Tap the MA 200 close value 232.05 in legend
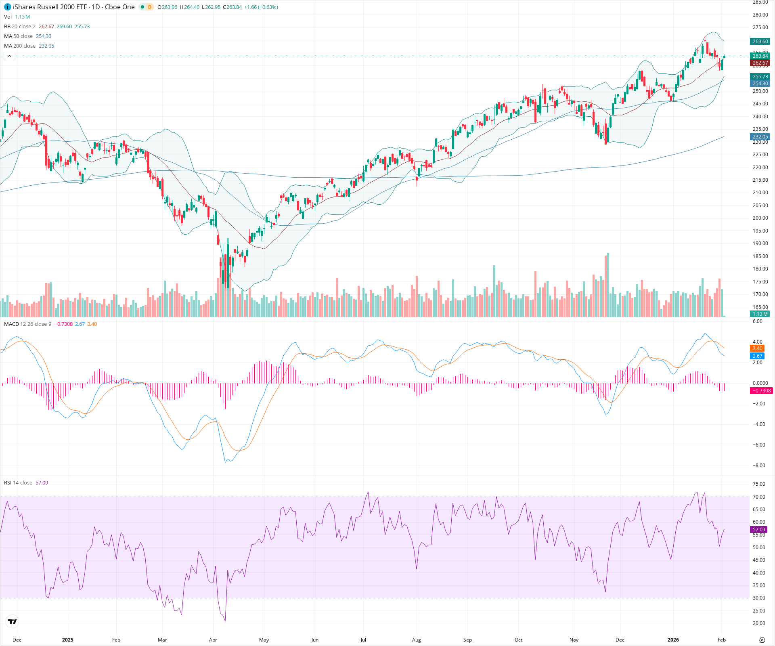(46, 46)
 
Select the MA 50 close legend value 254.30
(44, 36)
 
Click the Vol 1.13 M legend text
(17, 17)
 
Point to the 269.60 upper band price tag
(760, 42)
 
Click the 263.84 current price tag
(760, 56)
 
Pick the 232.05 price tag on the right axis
(760, 137)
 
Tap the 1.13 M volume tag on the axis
(760, 314)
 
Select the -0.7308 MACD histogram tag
(761, 390)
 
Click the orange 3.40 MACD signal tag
(757, 348)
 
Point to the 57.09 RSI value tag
(759, 529)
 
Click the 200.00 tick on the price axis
(760, 218)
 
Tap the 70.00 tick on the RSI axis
(759, 497)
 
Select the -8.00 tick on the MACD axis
(759, 466)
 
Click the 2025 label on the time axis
(68, 640)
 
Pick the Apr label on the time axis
(213, 640)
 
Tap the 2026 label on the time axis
(673, 640)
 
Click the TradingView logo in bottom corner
(13, 621)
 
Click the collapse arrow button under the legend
(9, 56)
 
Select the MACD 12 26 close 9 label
(27, 324)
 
